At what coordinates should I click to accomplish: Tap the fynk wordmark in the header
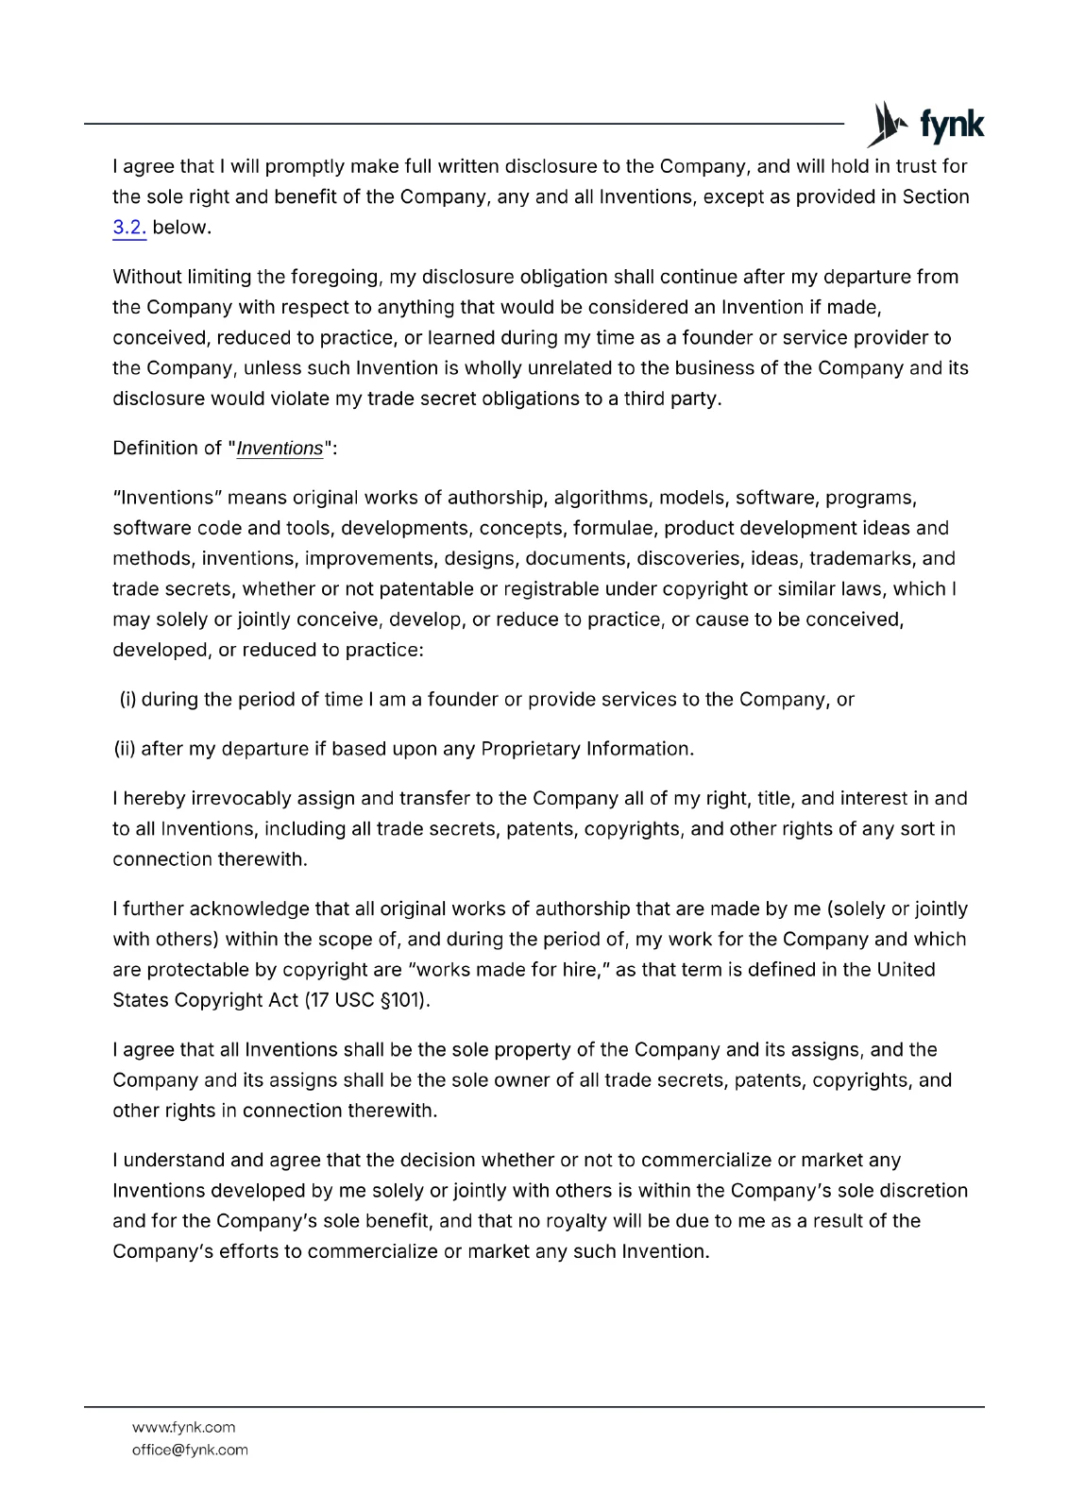click(951, 125)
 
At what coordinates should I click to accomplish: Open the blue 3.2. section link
click(128, 228)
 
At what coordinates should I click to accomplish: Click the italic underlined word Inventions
click(280, 449)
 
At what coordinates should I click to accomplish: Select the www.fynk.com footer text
click(183, 1427)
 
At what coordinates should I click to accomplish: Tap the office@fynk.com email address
click(190, 1450)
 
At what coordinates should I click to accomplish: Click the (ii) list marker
click(125, 749)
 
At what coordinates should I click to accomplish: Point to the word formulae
click(613, 528)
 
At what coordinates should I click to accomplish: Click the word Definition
click(154, 449)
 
